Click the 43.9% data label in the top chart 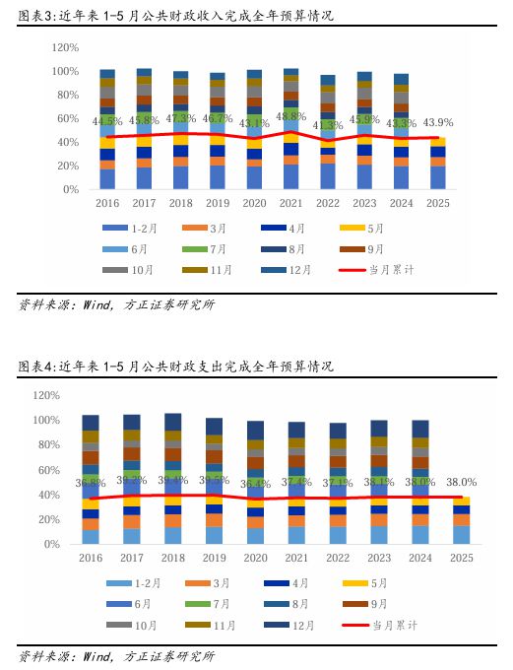pos(437,122)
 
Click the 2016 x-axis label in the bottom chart pos(91,558)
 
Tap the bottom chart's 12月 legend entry pos(296,625)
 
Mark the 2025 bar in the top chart pos(437,163)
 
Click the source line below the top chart pos(116,304)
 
